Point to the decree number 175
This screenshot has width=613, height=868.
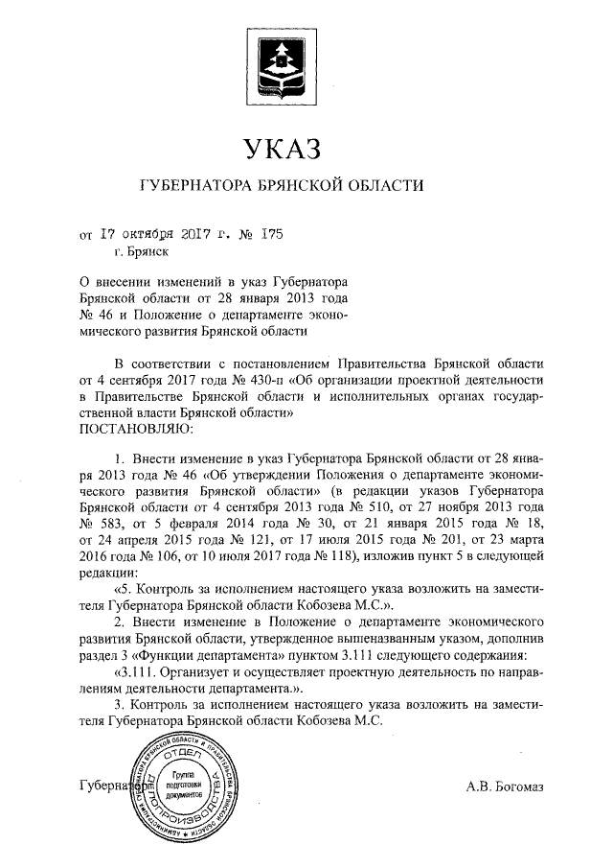click(x=271, y=232)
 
